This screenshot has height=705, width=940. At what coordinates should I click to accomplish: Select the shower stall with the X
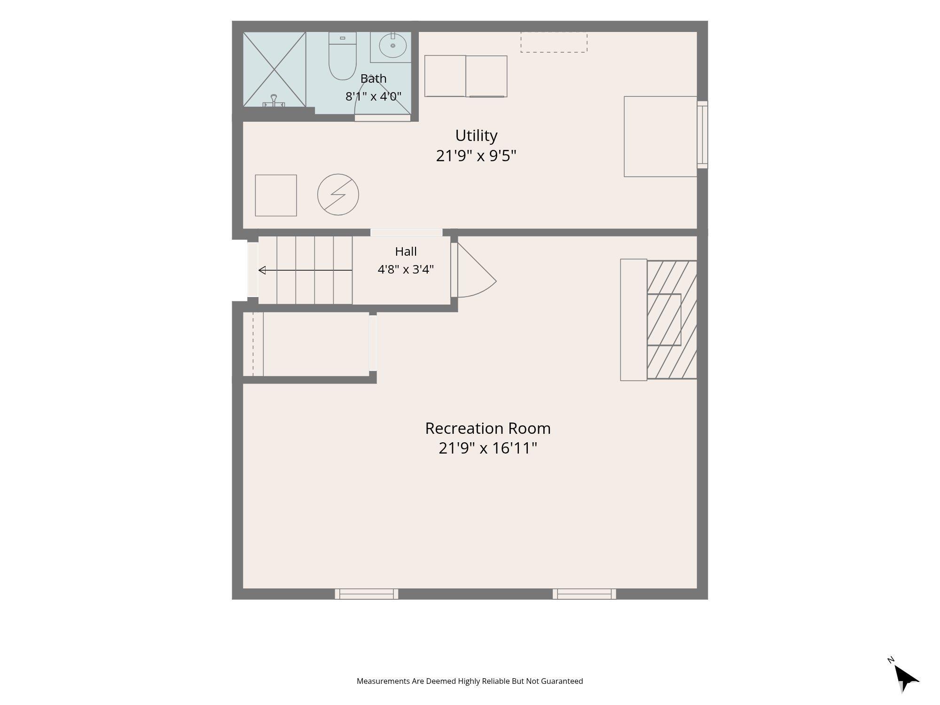click(274, 69)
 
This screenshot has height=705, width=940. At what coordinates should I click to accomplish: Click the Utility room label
click(476, 135)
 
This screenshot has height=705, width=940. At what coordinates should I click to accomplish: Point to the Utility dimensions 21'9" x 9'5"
click(476, 156)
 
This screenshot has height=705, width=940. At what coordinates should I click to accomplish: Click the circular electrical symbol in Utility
click(338, 195)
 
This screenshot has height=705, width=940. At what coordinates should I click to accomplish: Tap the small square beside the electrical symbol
click(276, 196)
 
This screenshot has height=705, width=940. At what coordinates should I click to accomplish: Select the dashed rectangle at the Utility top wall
click(554, 42)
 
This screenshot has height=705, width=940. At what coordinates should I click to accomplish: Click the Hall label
click(406, 251)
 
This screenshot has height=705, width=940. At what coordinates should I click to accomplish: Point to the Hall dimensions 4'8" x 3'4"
click(406, 269)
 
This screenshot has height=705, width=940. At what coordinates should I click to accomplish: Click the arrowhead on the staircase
click(262, 270)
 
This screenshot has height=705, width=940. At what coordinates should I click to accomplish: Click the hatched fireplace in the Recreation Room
click(672, 320)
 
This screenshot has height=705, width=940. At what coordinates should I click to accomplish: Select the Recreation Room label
click(488, 428)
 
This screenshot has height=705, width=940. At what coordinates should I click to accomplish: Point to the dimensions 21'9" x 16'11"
click(488, 448)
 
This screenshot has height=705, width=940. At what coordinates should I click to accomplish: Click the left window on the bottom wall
click(367, 594)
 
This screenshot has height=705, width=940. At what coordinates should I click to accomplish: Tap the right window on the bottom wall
click(584, 594)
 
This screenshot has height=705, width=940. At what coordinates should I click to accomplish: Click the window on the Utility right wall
click(702, 134)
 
